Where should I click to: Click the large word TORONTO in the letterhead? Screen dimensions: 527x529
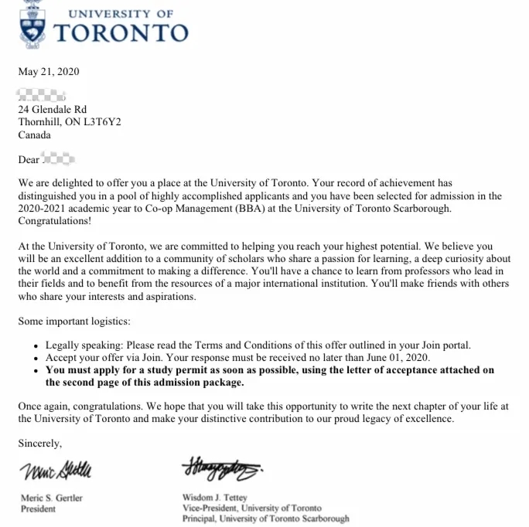[x=121, y=32]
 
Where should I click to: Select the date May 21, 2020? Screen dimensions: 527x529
[x=49, y=72]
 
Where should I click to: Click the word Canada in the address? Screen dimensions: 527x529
[x=35, y=134]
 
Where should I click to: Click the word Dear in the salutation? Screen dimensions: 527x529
[x=29, y=160]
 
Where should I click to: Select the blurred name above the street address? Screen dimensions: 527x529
[x=42, y=96]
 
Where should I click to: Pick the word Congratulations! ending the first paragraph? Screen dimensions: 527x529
[x=54, y=221]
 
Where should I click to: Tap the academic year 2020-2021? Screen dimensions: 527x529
[x=47, y=209]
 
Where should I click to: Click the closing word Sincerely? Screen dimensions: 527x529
[x=40, y=444]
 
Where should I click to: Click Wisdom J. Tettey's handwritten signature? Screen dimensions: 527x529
[x=221, y=467]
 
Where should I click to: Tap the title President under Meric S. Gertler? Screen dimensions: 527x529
[x=38, y=509]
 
